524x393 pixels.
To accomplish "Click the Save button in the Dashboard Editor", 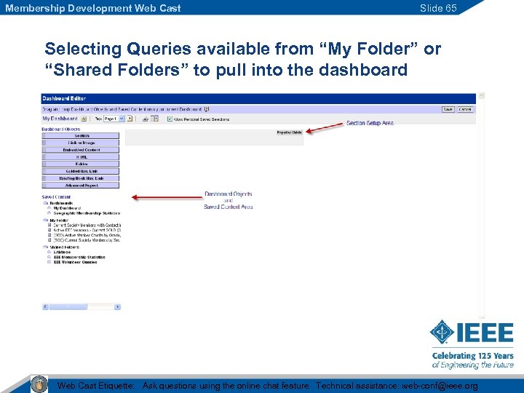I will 448,109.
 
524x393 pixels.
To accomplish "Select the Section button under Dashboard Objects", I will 82,135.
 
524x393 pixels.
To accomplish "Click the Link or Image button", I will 82,143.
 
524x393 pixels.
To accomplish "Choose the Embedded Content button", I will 82,150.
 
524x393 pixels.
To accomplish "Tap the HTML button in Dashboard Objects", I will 82,157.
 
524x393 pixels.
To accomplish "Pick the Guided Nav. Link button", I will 82,171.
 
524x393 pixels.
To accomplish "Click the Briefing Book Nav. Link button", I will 82,178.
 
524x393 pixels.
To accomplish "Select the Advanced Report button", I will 82,186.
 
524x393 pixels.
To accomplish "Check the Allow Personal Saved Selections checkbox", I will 170,119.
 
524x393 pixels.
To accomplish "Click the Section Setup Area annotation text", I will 370,123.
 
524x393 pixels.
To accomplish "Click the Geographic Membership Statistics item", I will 86,213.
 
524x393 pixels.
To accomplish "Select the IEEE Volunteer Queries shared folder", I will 75,262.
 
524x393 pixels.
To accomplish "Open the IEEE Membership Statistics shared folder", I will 79,257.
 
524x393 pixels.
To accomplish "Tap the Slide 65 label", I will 438,8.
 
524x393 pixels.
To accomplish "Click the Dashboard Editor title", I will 64,98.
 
